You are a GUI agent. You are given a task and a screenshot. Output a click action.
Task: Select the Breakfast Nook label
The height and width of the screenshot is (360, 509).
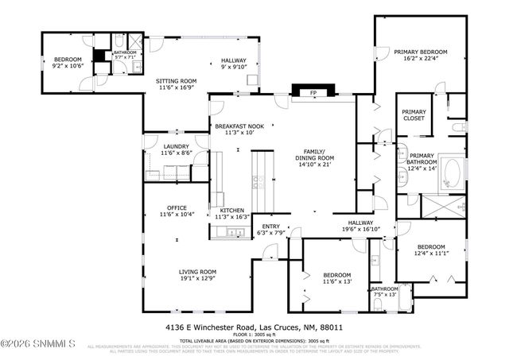click(239, 130)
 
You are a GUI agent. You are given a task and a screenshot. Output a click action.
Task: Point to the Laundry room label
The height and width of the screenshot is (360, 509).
click(175, 149)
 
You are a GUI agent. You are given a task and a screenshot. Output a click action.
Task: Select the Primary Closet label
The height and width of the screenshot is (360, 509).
click(414, 115)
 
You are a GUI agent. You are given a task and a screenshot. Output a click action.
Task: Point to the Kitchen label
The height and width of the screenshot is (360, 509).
click(232, 212)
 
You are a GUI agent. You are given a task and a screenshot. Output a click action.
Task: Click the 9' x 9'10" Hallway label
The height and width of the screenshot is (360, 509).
click(234, 64)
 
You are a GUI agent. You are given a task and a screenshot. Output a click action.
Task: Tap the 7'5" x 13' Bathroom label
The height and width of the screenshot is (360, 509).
click(384, 291)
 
